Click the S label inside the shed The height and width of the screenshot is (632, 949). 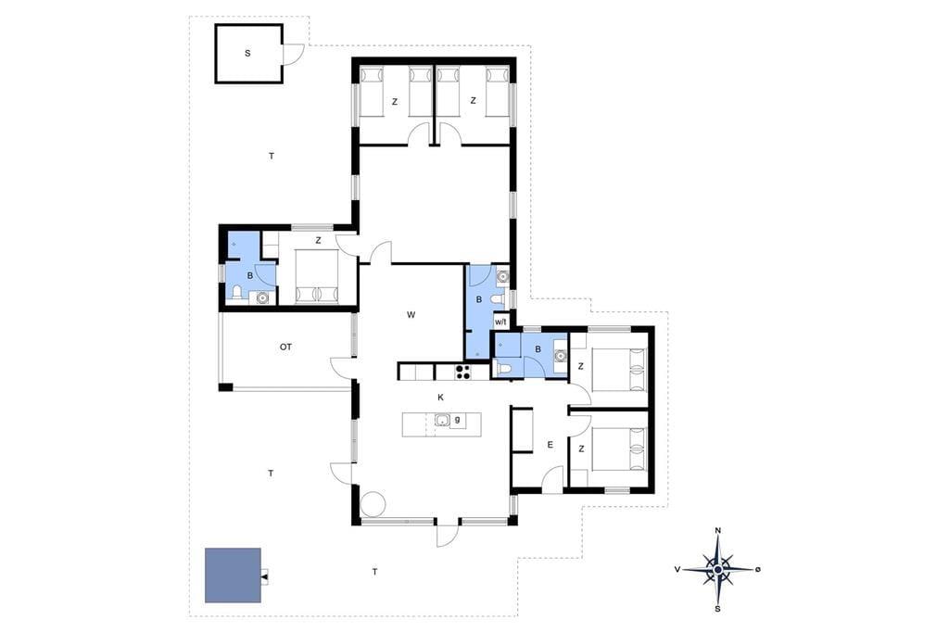point(247,53)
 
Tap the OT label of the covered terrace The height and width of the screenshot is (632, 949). point(285,347)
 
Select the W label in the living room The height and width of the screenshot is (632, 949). point(411,314)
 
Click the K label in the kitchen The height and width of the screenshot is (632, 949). point(440,398)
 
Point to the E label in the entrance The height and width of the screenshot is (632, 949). point(550,445)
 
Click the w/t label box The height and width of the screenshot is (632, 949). point(500,322)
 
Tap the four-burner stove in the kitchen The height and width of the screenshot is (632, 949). point(463,371)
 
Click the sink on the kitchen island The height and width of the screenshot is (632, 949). point(442,420)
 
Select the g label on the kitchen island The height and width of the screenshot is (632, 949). point(458,419)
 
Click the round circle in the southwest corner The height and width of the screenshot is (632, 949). point(373,504)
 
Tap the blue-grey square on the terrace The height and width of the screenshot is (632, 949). point(233,575)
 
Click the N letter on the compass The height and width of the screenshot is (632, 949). point(718,531)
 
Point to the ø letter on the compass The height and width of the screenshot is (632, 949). point(758,569)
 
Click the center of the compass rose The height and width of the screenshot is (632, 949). point(718,570)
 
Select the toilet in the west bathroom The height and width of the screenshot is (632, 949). point(236,294)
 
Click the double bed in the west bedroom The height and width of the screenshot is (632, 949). point(317,277)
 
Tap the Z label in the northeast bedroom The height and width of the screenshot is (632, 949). point(473,101)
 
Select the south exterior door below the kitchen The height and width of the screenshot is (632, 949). point(447,534)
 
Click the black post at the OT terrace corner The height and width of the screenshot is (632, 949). point(225,387)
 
